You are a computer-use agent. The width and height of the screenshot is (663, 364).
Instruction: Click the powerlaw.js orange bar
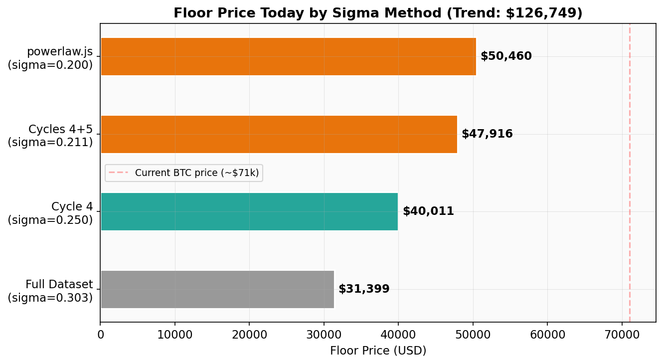tap(288, 56)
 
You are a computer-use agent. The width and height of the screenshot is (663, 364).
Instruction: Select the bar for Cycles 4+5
tap(279, 134)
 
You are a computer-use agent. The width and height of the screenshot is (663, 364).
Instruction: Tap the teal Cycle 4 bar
tap(249, 211)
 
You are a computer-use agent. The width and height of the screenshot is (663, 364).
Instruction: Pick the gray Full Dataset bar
tap(217, 289)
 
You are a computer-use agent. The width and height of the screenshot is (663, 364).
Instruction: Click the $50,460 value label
tap(506, 56)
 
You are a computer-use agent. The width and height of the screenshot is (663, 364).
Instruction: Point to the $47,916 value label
tap(487, 134)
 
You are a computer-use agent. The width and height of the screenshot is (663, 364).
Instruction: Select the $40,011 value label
tap(428, 211)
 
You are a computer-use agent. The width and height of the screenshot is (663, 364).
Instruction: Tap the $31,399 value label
tap(364, 289)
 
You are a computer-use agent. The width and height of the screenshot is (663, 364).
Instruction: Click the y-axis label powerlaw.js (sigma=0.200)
tap(50, 58)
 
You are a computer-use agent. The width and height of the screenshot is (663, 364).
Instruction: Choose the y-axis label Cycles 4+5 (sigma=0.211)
tap(50, 136)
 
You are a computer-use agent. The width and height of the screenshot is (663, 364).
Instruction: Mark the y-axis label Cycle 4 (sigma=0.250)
tap(50, 213)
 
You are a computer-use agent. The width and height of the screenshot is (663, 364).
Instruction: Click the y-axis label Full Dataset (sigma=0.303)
tap(50, 291)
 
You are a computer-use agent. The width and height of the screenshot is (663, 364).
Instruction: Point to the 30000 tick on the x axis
tap(324, 335)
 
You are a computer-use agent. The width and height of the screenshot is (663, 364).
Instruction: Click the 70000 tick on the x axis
tap(622, 335)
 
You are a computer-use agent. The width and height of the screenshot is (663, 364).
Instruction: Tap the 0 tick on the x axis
tap(101, 335)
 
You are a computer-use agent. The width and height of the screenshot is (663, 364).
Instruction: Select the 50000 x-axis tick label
tap(473, 335)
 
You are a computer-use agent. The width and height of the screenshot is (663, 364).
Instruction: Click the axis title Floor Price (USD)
tap(378, 351)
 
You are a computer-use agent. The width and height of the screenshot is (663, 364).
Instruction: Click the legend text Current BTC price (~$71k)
tap(197, 173)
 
